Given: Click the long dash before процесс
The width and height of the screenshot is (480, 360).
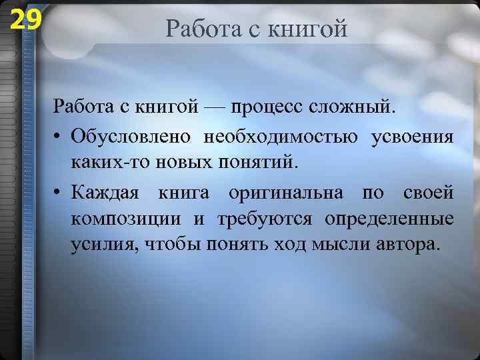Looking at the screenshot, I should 216,107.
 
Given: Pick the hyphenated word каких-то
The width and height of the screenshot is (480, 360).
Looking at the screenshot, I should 109,162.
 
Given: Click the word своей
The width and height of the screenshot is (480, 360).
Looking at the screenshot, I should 429,193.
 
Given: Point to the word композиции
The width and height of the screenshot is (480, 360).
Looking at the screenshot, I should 125,219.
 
